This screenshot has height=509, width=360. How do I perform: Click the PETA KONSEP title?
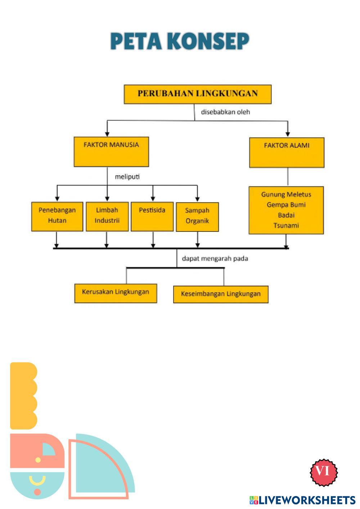point(179,41)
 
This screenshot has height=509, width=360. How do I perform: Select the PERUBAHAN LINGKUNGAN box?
point(197,94)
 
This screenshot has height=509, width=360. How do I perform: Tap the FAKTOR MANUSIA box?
point(111,151)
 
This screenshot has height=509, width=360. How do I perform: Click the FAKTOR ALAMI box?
point(287,152)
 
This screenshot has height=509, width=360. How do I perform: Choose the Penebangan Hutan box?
point(57,216)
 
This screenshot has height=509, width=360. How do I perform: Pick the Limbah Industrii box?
point(107,216)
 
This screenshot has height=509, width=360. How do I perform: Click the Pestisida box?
point(152,216)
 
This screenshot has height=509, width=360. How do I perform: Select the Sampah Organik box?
point(197,216)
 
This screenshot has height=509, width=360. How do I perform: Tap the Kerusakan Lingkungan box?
point(116,293)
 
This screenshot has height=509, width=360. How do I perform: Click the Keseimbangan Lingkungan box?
point(221,294)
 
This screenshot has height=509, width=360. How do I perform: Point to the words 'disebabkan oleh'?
point(225,112)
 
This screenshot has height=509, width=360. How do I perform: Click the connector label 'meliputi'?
point(127,177)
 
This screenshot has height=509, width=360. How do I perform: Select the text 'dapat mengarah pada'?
point(215,258)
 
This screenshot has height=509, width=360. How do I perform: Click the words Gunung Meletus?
point(286,194)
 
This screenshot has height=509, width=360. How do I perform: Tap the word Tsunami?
point(286,226)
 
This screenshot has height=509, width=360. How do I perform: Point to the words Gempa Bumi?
point(286,205)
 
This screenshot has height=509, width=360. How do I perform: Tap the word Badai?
point(286,215)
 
